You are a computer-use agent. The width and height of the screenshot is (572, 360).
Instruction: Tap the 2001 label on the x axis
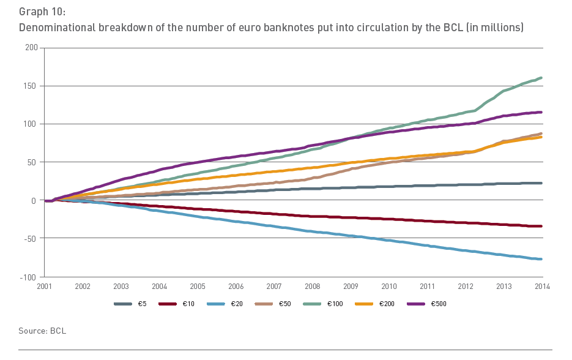pos(45,287)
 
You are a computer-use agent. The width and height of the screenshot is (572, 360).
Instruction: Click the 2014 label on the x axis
pos(542,287)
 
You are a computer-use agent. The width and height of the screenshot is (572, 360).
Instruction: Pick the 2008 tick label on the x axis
pos(313,287)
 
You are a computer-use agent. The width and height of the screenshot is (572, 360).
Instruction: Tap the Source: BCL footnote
pos(42,331)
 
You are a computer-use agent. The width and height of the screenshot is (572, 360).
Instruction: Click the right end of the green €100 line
pos(542,78)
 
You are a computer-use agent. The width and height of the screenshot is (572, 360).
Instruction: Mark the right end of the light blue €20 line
pos(542,259)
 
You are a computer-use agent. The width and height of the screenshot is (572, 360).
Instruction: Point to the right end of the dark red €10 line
pos(542,226)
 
